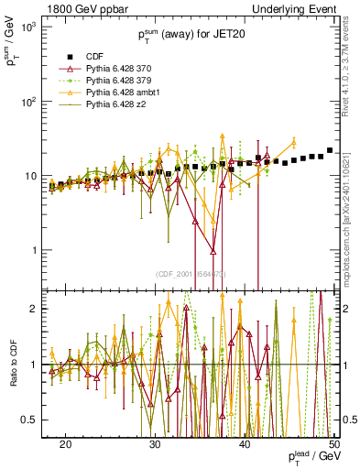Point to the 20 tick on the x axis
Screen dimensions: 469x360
coord(66,444)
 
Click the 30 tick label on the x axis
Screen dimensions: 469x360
coord(155,444)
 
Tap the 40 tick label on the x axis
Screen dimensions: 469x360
coord(245,444)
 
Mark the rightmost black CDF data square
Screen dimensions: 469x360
coord(330,150)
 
